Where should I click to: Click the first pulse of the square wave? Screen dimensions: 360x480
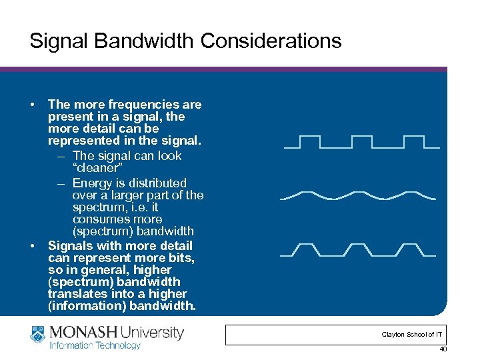coord(310,141)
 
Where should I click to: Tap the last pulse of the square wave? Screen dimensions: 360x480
coord(414,141)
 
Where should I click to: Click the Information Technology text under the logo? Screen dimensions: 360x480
coord(95,345)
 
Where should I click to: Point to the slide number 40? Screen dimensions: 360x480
coord(443,350)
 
